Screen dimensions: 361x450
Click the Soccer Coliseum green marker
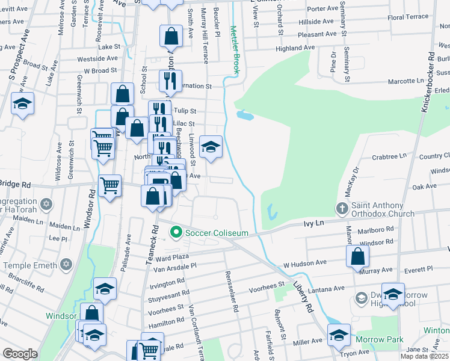(x=176, y=231)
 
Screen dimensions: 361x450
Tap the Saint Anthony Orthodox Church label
(x=383, y=209)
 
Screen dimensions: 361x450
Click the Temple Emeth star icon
(x=66, y=265)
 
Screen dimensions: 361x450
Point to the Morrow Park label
(x=379, y=340)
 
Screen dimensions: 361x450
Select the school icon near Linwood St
(x=211, y=147)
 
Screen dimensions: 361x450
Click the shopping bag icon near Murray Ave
(x=357, y=255)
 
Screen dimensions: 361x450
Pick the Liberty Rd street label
(x=306, y=295)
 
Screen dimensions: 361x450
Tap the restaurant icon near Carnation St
(x=170, y=79)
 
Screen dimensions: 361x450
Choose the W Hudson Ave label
(x=304, y=264)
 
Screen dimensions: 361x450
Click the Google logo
(x=20, y=354)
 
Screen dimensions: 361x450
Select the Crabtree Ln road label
(x=389, y=156)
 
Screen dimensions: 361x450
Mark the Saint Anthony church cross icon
(x=342, y=209)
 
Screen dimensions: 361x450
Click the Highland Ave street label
(x=295, y=48)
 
